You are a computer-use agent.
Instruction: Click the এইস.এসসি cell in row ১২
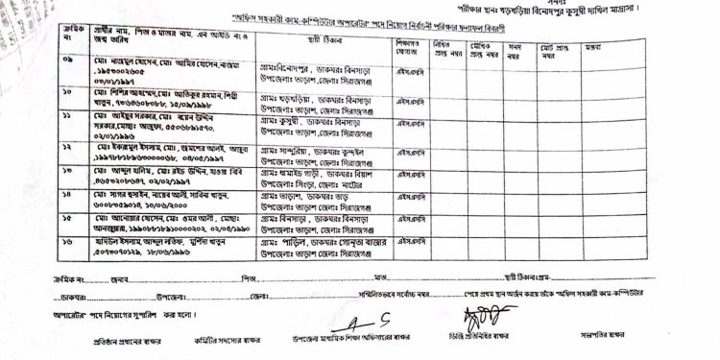[x=412, y=147]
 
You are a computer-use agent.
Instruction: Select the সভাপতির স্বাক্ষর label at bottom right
[x=603, y=335]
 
